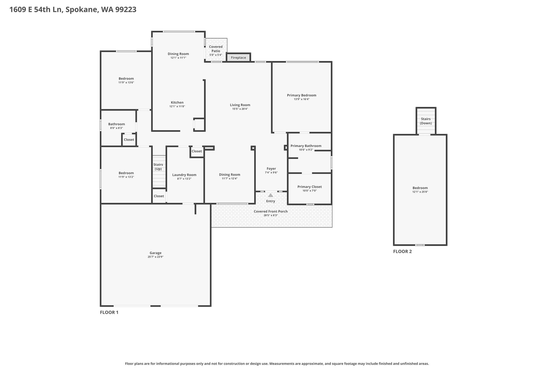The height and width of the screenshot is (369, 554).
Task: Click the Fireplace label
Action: pos(238,58)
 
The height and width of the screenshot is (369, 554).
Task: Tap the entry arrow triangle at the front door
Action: pos(271,195)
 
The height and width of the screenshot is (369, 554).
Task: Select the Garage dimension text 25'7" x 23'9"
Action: pos(156,257)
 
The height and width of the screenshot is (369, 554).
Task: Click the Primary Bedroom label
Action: pos(302,95)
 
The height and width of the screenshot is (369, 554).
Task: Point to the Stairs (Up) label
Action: pos(158,167)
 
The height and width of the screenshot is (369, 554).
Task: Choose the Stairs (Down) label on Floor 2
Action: pos(426,121)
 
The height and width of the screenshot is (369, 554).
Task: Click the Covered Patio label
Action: pos(216,49)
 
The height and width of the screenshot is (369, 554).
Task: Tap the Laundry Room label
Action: pos(184,175)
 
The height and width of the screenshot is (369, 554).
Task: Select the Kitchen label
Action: pos(177,102)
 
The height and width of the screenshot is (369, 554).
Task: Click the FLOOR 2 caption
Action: pos(403,251)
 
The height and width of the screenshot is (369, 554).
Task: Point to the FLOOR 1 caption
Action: pos(109,313)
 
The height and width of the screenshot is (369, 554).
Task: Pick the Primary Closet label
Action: pos(310,187)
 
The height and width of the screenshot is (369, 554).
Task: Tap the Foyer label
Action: pos(271,169)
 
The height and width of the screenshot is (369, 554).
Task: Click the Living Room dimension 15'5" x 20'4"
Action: pos(240,109)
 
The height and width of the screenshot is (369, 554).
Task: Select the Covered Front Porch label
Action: pos(271,211)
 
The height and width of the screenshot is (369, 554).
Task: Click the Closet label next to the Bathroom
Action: pos(129,140)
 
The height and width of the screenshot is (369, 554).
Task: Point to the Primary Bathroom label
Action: pos(306,146)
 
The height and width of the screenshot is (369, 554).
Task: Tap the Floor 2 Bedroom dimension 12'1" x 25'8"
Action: pos(420,192)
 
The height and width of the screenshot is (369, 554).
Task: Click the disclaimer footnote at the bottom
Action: pos(277,364)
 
